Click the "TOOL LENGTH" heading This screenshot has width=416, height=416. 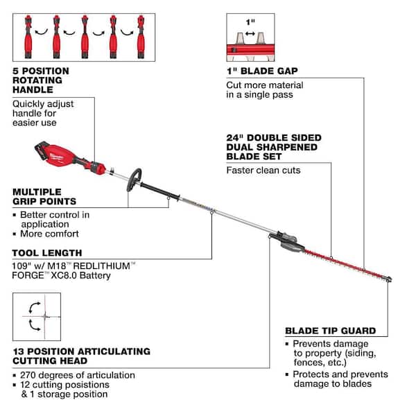(47, 253)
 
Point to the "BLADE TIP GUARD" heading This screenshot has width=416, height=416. (330, 330)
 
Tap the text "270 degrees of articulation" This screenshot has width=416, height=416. (76, 375)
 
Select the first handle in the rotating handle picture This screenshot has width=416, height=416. (27, 31)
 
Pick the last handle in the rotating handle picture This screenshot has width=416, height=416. (144, 31)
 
